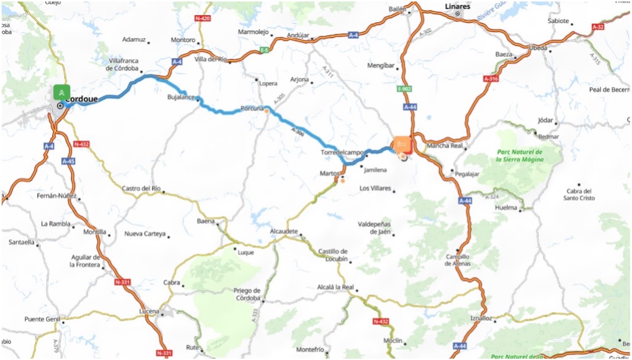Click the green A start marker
(x=61, y=93)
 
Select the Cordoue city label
(x=81, y=99)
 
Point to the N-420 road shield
(x=203, y=19)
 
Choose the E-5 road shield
(x=264, y=50)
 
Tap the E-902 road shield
(x=405, y=89)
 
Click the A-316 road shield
(x=491, y=79)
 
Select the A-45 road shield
(x=68, y=162)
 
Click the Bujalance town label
(x=181, y=96)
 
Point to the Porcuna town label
(x=252, y=108)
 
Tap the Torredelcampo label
(x=342, y=152)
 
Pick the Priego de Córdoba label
(x=247, y=294)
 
